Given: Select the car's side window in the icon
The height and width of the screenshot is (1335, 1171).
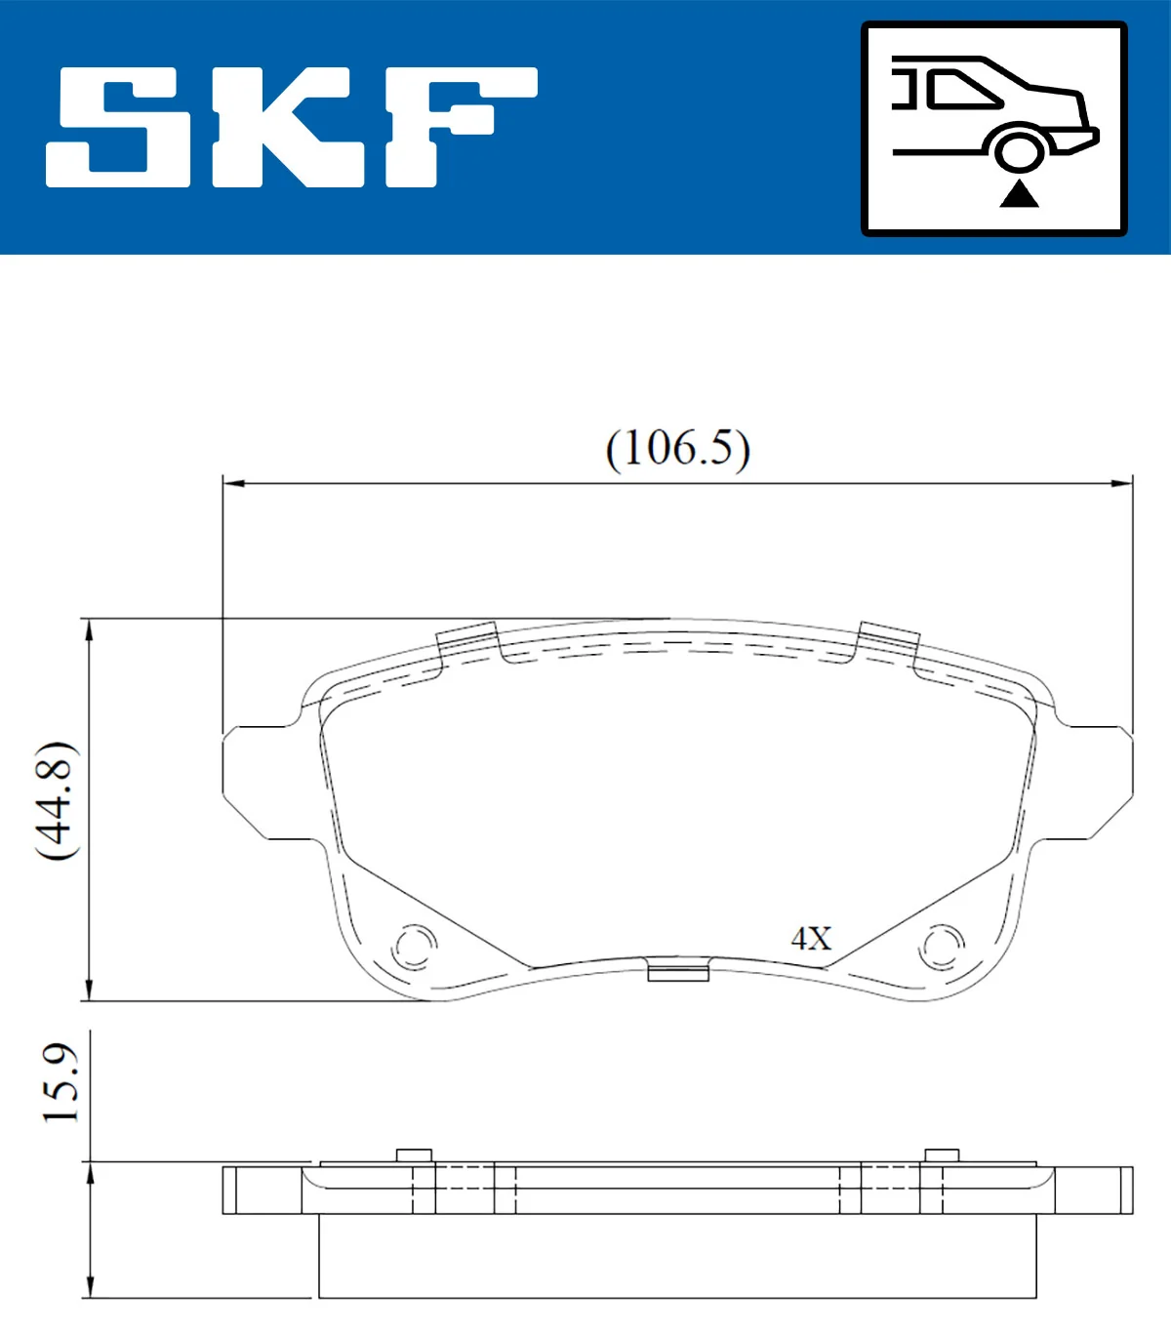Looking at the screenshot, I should [962, 90].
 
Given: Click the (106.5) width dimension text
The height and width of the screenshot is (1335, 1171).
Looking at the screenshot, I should [677, 449].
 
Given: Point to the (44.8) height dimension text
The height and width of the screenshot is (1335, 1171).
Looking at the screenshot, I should [56, 800].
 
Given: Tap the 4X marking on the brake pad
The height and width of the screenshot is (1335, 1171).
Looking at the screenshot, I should [811, 939].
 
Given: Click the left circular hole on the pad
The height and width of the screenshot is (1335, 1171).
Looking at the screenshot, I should [414, 946].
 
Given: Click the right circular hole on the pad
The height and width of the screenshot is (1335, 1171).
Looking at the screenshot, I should [942, 946].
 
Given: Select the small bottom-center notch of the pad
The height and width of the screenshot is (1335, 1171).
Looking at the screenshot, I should [678, 972].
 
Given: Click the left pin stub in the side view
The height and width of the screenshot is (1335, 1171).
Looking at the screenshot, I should [414, 1155].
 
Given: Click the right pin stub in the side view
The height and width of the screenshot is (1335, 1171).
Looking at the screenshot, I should [942, 1155].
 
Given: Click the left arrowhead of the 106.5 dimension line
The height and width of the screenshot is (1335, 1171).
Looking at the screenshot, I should [231, 483].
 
